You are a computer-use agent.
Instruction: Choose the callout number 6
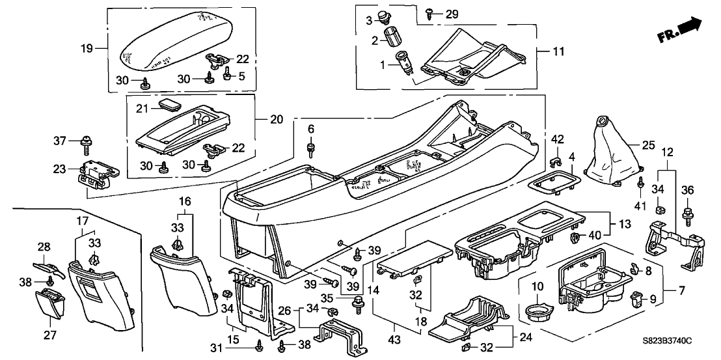tap(310, 129)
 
